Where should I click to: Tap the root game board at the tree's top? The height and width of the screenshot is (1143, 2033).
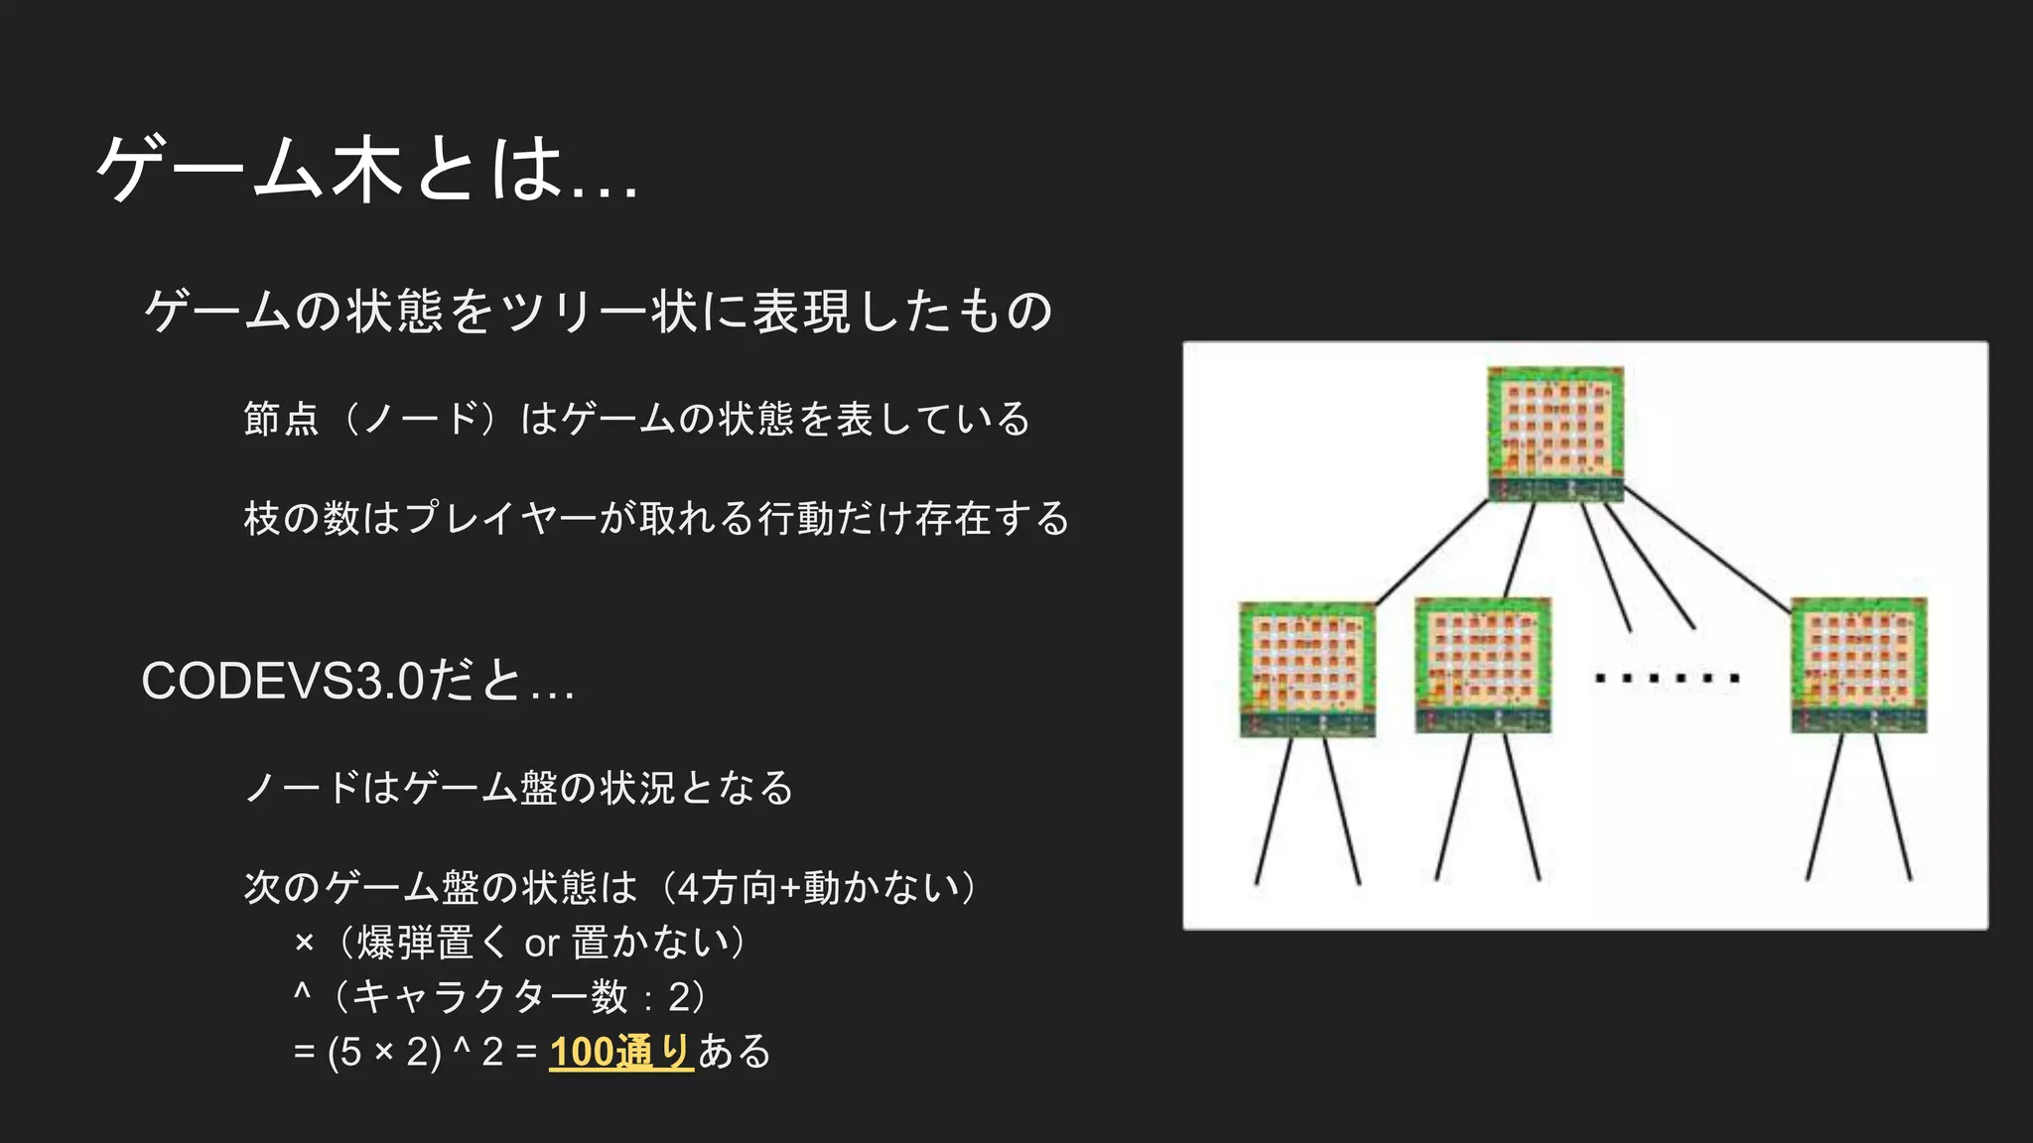[1555, 434]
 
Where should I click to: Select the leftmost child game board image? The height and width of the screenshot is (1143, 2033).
[1307, 669]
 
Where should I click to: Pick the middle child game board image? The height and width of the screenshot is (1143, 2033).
[1482, 665]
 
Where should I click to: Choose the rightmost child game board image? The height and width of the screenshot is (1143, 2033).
[1858, 665]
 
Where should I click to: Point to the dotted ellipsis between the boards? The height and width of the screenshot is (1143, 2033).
[1667, 679]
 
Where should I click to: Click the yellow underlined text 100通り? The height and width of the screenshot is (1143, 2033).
[620, 1052]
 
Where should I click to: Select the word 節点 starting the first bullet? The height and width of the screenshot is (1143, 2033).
[281, 419]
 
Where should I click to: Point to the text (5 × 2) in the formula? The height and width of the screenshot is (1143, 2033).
[384, 1052]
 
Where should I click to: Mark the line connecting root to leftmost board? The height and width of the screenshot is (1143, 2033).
[1430, 553]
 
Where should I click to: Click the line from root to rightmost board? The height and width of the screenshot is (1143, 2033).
[1707, 553]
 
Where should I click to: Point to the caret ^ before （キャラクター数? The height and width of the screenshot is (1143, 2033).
[303, 992]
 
